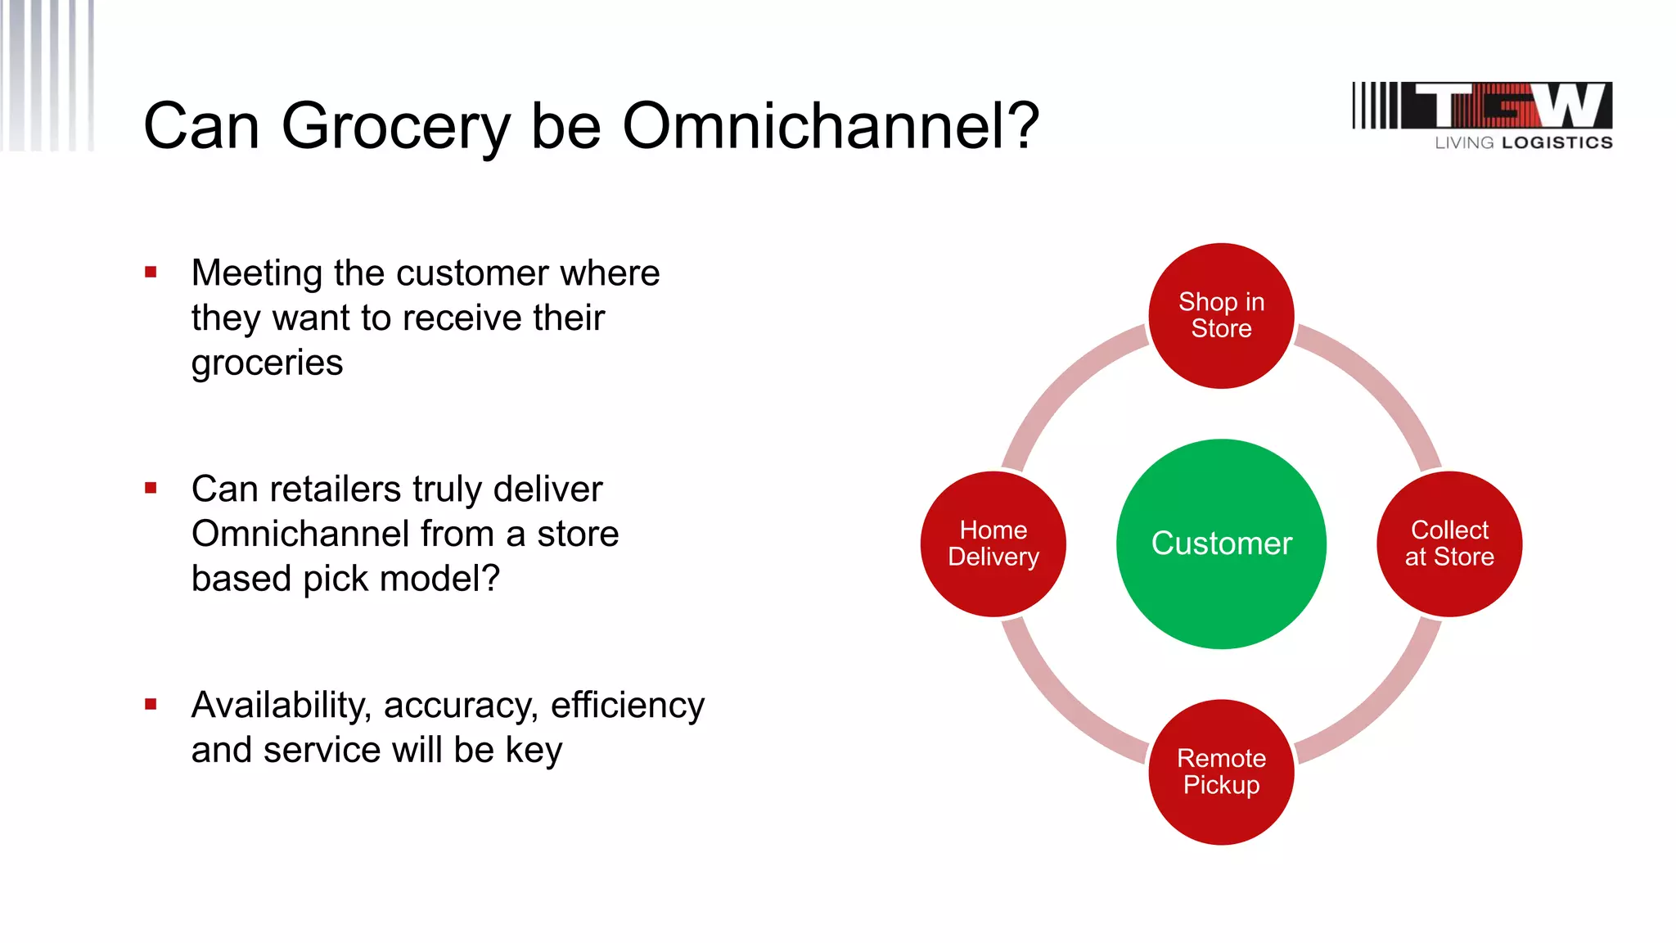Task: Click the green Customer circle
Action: (1221, 544)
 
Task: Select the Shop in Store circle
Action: (1221, 315)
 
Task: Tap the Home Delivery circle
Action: (993, 544)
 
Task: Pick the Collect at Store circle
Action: (1449, 544)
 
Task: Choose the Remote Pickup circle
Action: (1221, 772)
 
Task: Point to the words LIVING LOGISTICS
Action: (1523, 142)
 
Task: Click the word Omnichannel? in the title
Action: (830, 126)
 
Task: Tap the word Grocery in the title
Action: (396, 128)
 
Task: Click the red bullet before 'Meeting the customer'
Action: (151, 272)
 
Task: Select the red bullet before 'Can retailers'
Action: (151, 488)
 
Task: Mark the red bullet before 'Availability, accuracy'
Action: (151, 704)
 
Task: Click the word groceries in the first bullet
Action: (267, 363)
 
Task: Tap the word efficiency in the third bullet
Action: (627, 706)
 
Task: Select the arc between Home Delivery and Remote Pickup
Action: (1060, 705)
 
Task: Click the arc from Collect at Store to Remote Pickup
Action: (1383, 705)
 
